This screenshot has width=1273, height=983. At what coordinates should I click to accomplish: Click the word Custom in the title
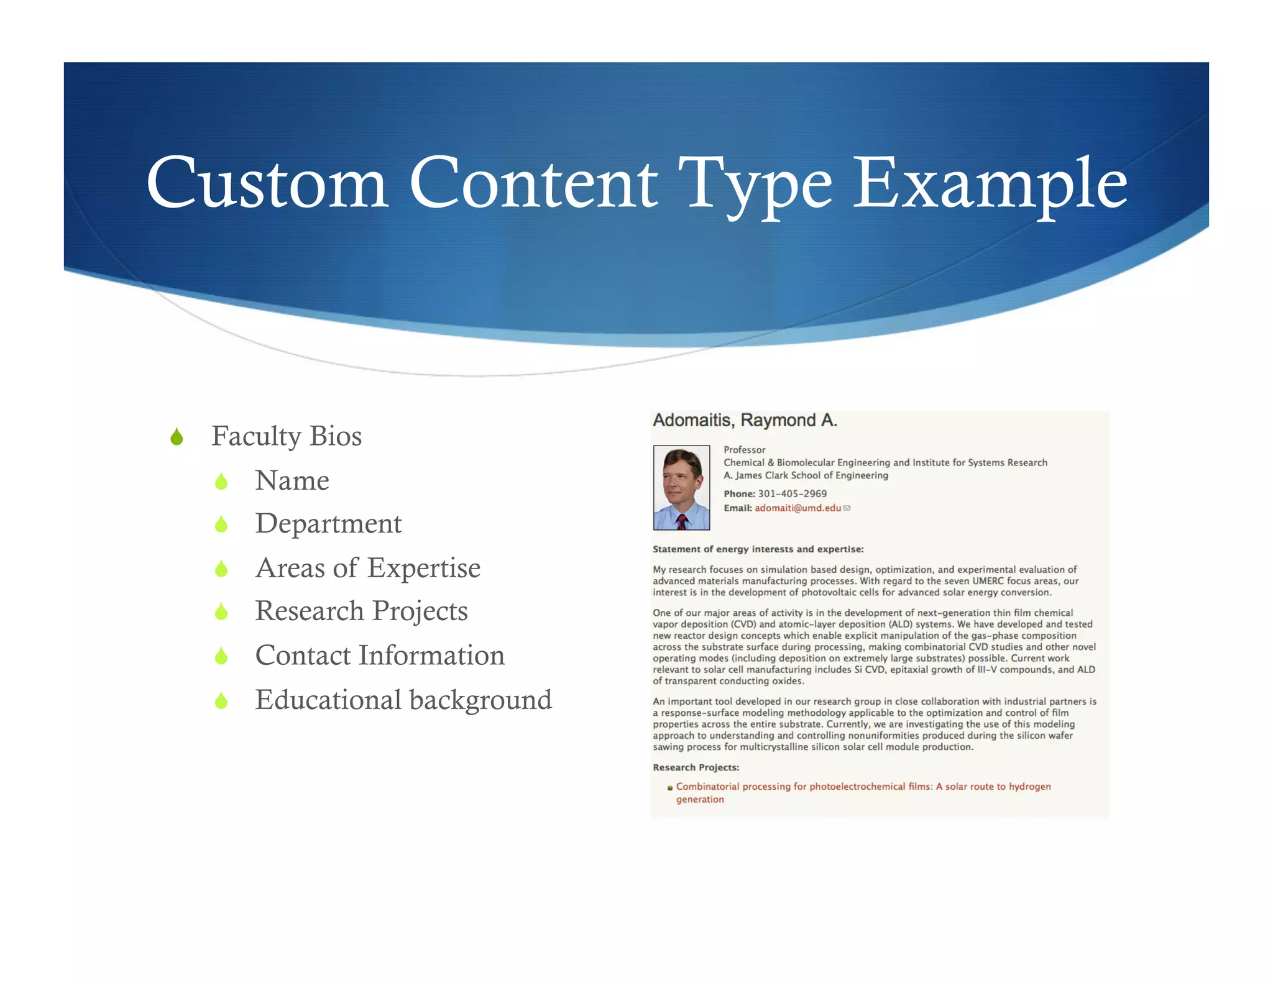[267, 183]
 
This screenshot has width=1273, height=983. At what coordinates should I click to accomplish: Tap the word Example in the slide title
[990, 183]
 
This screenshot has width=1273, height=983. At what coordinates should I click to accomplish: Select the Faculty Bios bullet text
[286, 436]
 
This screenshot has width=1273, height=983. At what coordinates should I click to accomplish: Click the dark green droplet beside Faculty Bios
[177, 437]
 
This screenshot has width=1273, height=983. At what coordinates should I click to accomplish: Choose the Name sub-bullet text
[292, 481]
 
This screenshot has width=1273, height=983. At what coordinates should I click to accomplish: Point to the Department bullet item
[328, 524]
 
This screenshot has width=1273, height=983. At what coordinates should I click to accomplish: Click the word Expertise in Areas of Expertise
[423, 568]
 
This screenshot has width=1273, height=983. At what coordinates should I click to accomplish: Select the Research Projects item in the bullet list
[361, 611]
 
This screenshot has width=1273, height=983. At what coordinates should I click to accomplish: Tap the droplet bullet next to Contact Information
[221, 656]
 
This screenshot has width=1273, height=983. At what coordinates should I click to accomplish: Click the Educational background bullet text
[403, 700]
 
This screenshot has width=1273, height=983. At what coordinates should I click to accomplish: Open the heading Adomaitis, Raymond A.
[745, 421]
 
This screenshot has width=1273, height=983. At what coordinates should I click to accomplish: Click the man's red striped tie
[682, 521]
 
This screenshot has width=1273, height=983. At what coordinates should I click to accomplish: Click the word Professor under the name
[744, 450]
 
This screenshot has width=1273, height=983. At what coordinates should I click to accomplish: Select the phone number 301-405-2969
[792, 494]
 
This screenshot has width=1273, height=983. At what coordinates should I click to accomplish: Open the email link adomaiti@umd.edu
[797, 508]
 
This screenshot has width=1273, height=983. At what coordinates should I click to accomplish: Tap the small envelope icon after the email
[847, 508]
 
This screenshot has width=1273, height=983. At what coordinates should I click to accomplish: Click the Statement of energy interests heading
[758, 549]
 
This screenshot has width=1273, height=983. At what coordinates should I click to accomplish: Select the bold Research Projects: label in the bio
[696, 768]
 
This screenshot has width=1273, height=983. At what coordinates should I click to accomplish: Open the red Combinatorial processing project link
[863, 787]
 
